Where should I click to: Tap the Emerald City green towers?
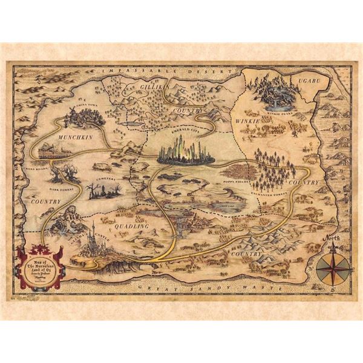pyautogui.click(x=185, y=149)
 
